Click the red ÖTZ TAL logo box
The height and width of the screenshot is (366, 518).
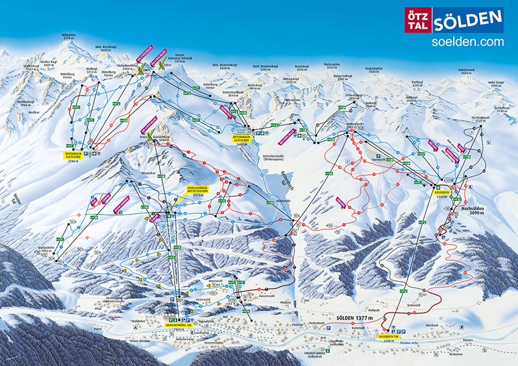[x=418, y=20]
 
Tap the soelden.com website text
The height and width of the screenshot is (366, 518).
[x=467, y=42]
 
